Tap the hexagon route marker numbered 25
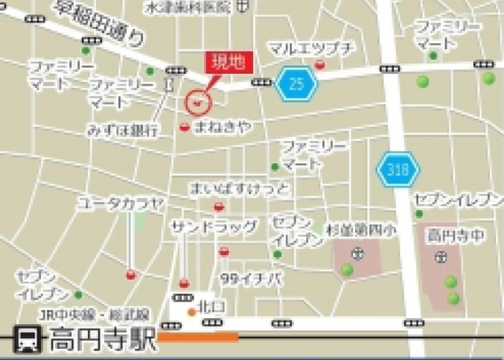(x=296, y=84)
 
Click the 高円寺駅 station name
(x=98, y=341)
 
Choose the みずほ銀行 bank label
(x=124, y=128)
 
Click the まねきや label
(x=223, y=127)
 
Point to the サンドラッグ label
(x=214, y=228)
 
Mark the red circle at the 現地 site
(x=198, y=101)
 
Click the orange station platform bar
(x=198, y=338)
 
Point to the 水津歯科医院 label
(x=188, y=7)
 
